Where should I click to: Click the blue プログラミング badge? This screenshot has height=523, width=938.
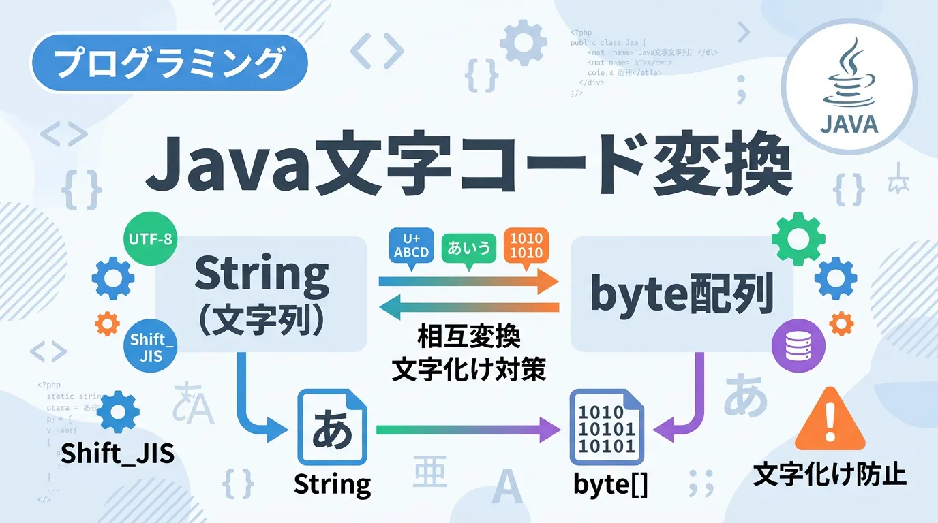pyautogui.click(x=168, y=63)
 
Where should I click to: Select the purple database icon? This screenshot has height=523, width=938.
pyautogui.click(x=793, y=347)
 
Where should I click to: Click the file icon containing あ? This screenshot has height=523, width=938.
pyautogui.click(x=332, y=427)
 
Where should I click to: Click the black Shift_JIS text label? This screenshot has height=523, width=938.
pyautogui.click(x=117, y=454)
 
